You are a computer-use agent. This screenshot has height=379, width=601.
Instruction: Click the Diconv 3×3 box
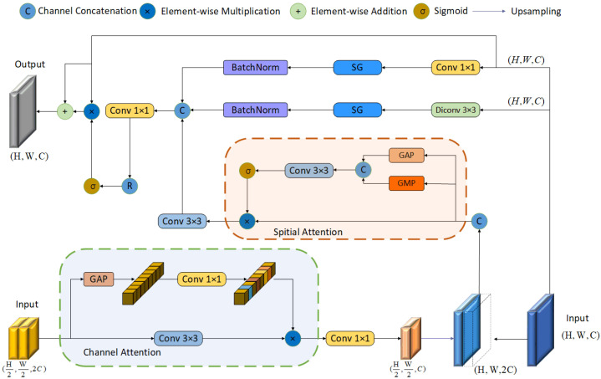(456, 110)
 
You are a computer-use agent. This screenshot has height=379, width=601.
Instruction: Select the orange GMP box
(406, 183)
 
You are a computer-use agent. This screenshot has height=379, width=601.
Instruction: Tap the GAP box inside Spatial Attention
(406, 156)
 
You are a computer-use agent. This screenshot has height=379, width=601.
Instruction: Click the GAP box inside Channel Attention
(99, 279)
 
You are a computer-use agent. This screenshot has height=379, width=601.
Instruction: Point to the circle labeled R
(130, 186)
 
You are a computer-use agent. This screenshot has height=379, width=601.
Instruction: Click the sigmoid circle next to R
(92, 186)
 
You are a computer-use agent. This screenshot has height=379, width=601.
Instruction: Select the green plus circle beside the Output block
(64, 111)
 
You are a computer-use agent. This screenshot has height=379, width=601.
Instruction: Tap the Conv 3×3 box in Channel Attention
(178, 338)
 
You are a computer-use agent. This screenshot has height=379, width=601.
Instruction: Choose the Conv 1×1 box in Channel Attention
(201, 279)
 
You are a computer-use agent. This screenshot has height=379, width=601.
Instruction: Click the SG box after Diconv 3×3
(357, 110)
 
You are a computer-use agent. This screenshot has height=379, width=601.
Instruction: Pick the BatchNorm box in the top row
(255, 68)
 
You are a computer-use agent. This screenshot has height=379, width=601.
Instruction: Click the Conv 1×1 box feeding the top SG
(456, 68)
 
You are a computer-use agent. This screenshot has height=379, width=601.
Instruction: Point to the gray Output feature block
(23, 111)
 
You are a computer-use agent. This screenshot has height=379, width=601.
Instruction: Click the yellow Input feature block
(23, 338)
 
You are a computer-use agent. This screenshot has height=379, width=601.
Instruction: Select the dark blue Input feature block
(541, 330)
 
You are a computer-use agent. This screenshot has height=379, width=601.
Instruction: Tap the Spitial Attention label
(308, 232)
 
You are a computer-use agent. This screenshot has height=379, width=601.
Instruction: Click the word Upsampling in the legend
(536, 12)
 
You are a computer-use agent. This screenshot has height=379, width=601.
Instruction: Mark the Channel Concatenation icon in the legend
(28, 11)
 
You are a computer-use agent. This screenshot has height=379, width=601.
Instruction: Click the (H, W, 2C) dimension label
(495, 370)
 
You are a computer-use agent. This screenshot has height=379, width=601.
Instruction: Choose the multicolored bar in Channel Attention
(255, 283)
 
